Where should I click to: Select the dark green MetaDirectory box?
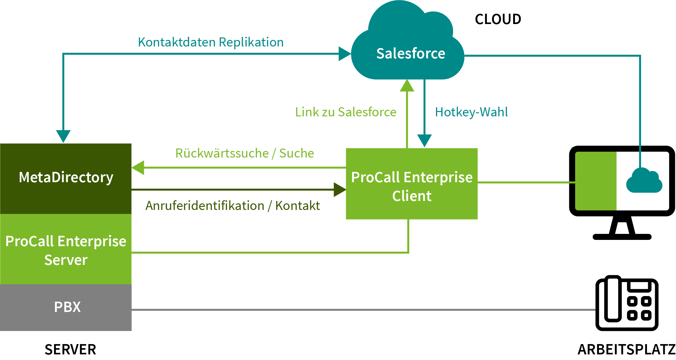66,179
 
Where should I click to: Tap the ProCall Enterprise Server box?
66,249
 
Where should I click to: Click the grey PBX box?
66,308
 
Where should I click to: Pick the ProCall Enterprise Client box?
412,184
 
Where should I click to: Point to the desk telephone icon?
627,303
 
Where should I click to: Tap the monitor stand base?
622,237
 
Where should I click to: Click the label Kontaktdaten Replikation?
211,42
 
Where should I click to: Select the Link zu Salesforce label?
346,112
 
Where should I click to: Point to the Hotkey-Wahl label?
471,112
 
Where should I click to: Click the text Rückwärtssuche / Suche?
245,153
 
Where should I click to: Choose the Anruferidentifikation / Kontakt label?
233,206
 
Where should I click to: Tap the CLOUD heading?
498,19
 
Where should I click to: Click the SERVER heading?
70,349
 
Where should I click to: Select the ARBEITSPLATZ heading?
627,349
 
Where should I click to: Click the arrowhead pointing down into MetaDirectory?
63,136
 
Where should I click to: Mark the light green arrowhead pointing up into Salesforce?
407,85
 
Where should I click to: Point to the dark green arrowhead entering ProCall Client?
340,190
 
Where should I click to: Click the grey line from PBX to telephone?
364,310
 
